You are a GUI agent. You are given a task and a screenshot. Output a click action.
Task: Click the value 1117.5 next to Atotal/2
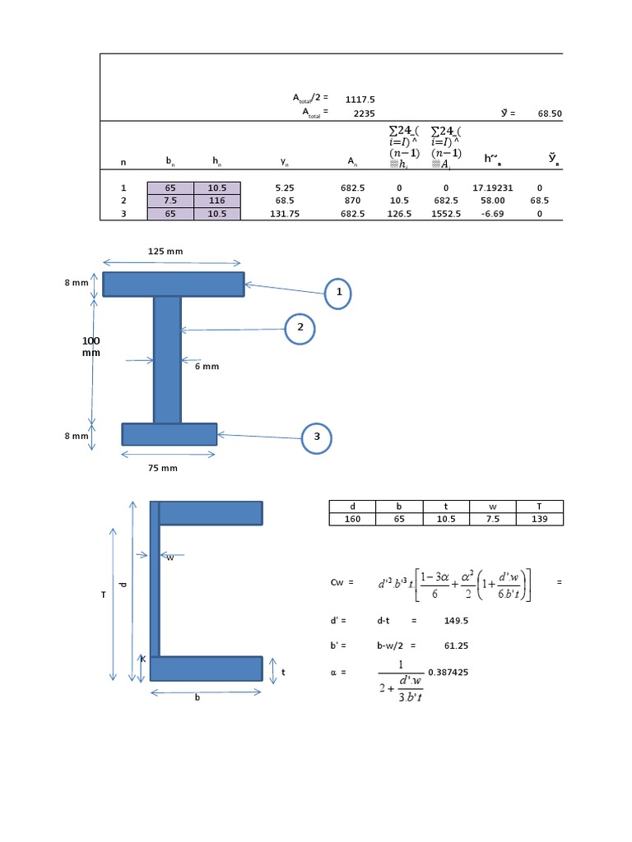coord(360,99)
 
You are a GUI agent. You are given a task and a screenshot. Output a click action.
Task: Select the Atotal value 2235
coord(363,112)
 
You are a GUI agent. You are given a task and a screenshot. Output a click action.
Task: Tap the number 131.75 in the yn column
coord(280,214)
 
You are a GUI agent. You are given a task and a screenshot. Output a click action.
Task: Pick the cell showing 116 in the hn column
coord(217,201)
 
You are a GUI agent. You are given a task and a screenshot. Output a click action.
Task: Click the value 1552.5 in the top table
coord(445,214)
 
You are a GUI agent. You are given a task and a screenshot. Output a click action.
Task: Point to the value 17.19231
coord(493,188)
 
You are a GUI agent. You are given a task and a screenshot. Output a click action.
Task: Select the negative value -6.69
coord(493,214)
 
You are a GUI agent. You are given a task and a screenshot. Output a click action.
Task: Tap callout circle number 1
coord(337,294)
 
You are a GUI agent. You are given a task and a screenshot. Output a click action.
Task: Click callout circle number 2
coord(300,328)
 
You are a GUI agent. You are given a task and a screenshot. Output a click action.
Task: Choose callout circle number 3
coord(316,437)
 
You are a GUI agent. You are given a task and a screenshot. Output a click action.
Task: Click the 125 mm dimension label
coord(165,251)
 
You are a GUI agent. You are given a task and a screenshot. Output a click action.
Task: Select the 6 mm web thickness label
coord(207,367)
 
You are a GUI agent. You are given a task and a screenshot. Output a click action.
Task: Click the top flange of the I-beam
coord(173,285)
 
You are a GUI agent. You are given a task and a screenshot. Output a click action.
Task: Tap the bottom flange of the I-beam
coord(169,434)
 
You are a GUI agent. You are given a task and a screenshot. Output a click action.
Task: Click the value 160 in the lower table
coord(352,519)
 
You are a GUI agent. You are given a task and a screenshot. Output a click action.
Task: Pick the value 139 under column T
coord(540,519)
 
